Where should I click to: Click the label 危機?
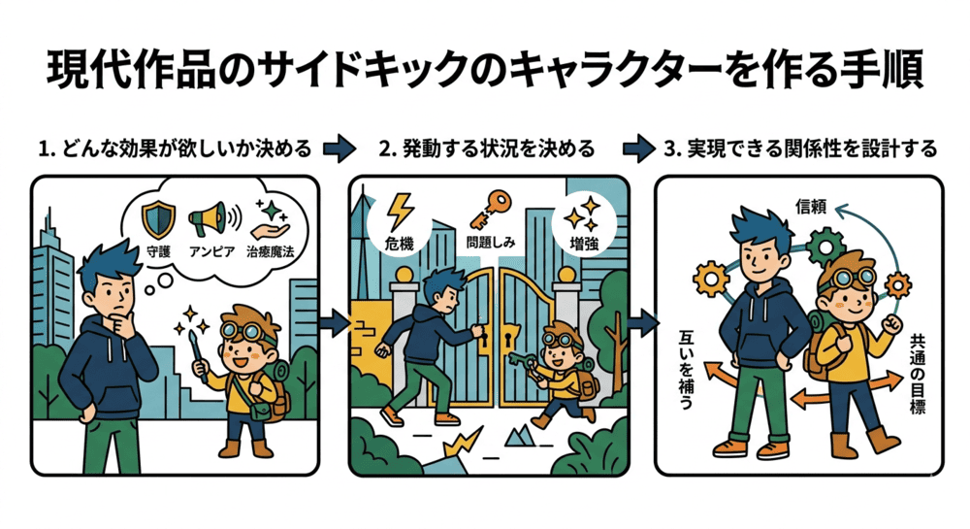point(400,245)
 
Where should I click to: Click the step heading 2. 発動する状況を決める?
point(486,149)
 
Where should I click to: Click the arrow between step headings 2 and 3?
point(637,149)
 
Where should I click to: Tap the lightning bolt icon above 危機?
point(400,210)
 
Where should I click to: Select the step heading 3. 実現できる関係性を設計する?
point(800,149)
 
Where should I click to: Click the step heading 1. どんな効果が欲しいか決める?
point(175,149)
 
